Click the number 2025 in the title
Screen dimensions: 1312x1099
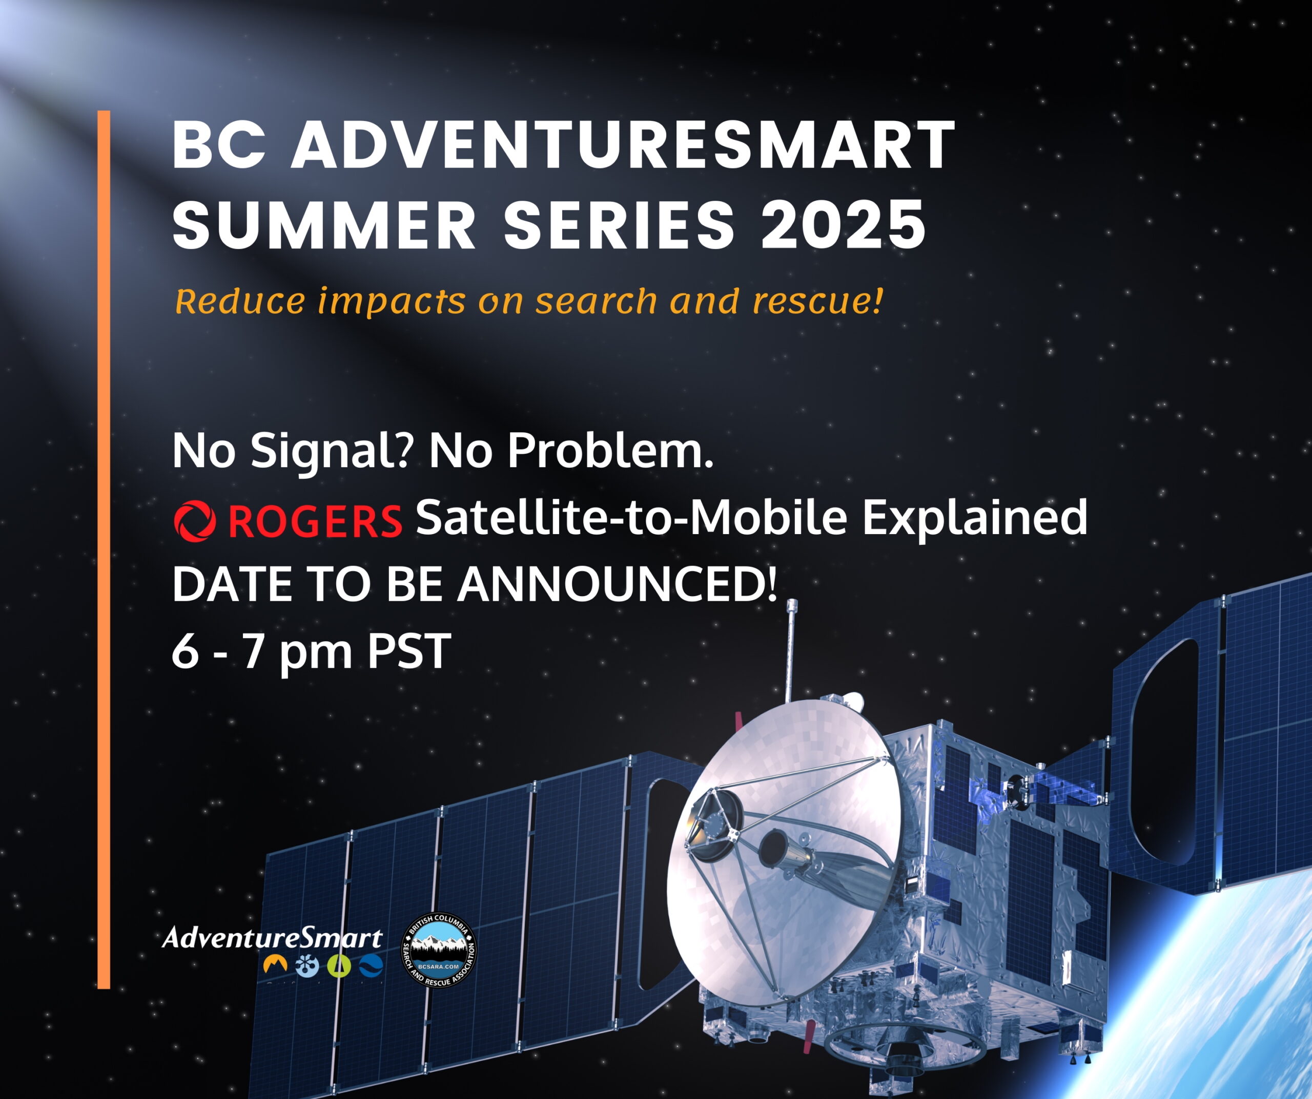[x=844, y=224]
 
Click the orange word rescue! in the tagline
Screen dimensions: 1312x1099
[x=818, y=301]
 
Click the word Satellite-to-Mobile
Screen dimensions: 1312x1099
[x=631, y=517]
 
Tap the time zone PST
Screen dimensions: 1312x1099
[x=408, y=651]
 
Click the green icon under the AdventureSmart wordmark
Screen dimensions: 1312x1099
[x=339, y=966]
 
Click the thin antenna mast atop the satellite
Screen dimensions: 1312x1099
[x=790, y=649]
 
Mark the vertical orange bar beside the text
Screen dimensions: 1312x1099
[x=104, y=549]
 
